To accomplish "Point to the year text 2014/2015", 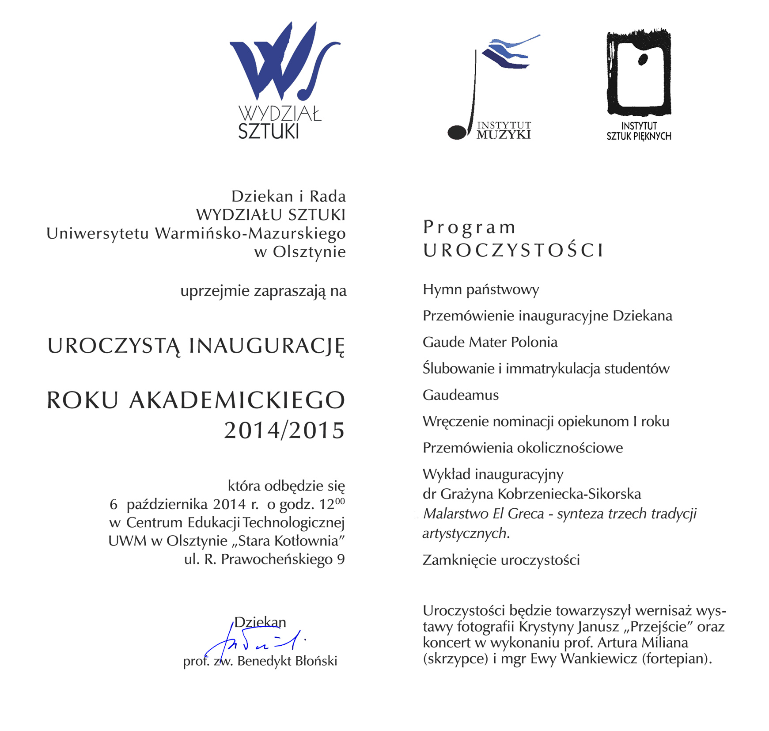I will coord(284,430).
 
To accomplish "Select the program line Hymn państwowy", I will coord(481,289).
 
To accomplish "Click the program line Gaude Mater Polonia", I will coord(490,342).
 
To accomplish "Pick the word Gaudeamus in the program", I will coord(460,395).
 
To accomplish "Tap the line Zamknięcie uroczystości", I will coord(501,560).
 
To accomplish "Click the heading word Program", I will coord(469,227).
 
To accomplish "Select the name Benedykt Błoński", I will coord(287,661).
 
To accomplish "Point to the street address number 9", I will coord(341,559).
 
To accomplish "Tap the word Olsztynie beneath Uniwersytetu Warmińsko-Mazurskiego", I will coord(309,252).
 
